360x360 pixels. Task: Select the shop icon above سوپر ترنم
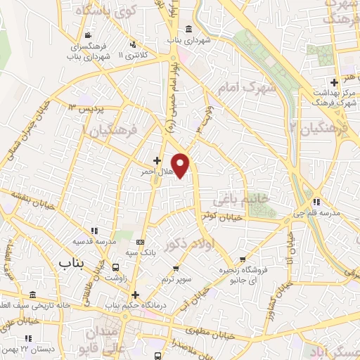176,268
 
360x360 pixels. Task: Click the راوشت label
115,278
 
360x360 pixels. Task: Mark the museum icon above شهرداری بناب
189,29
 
